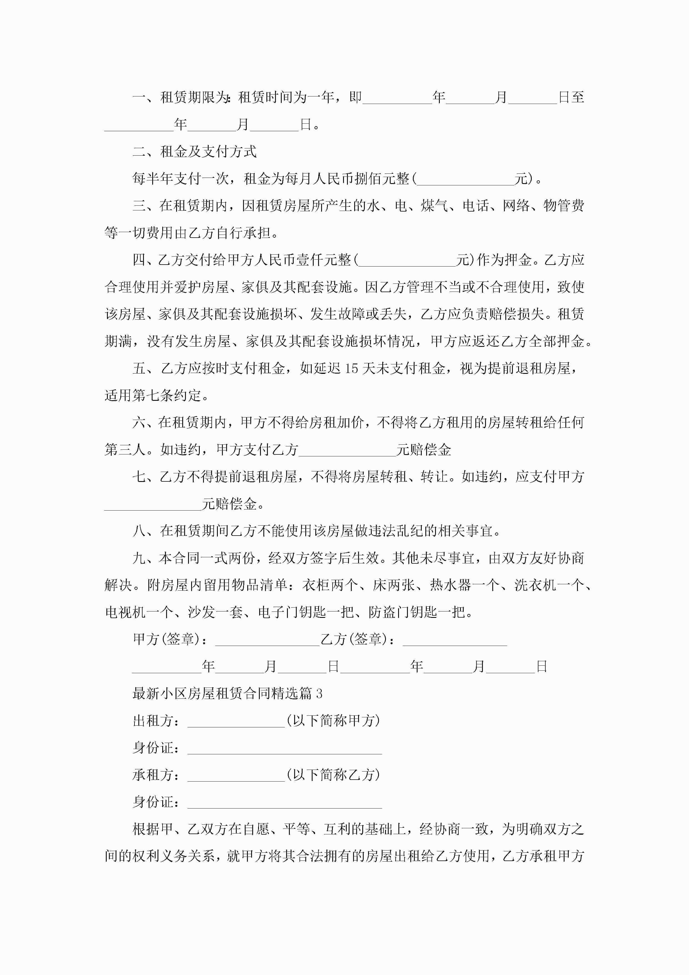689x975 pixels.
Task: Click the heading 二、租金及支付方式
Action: point(194,151)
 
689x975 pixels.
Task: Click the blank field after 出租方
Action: point(236,721)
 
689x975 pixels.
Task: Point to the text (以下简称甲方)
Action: point(333,721)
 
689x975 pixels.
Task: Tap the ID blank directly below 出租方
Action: point(284,748)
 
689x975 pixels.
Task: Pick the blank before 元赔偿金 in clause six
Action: point(347,450)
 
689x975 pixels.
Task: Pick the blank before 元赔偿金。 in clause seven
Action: point(153,504)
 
